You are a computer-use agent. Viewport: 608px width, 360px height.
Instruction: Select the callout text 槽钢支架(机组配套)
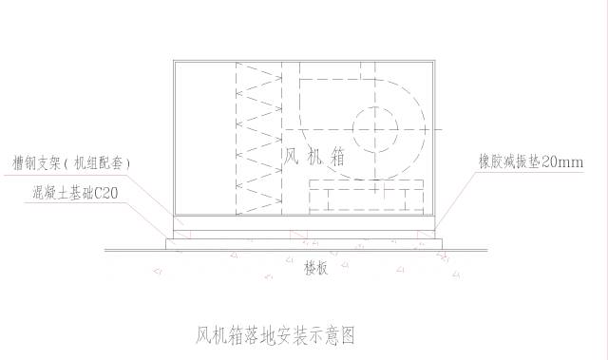[70, 163]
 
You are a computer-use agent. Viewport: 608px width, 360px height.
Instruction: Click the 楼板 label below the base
[316, 268]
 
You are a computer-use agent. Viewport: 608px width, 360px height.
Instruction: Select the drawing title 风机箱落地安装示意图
[275, 334]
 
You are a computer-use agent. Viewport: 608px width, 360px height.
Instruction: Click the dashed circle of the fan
[378, 128]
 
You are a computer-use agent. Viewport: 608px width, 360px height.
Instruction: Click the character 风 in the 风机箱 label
[293, 156]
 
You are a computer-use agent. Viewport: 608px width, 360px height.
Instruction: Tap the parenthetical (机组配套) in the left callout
[96, 163]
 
